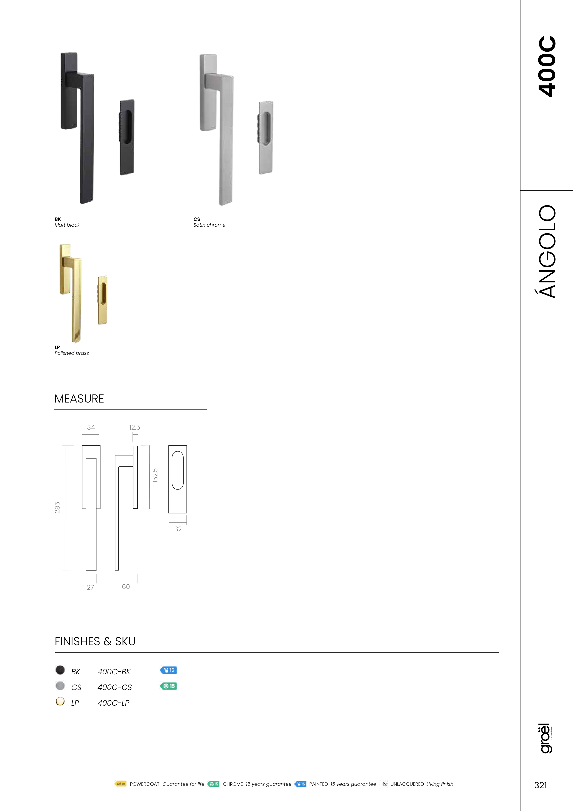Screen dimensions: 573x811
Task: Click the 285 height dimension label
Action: click(57, 508)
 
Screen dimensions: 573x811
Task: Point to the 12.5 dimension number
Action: click(134, 427)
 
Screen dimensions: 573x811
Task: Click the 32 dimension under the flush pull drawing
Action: click(178, 529)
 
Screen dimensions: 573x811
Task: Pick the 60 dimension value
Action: click(126, 587)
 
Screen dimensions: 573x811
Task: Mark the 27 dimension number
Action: click(90, 587)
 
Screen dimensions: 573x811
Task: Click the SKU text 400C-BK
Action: click(114, 672)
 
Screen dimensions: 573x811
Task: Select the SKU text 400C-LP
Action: click(113, 703)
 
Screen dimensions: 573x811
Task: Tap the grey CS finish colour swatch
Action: click(60, 686)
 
